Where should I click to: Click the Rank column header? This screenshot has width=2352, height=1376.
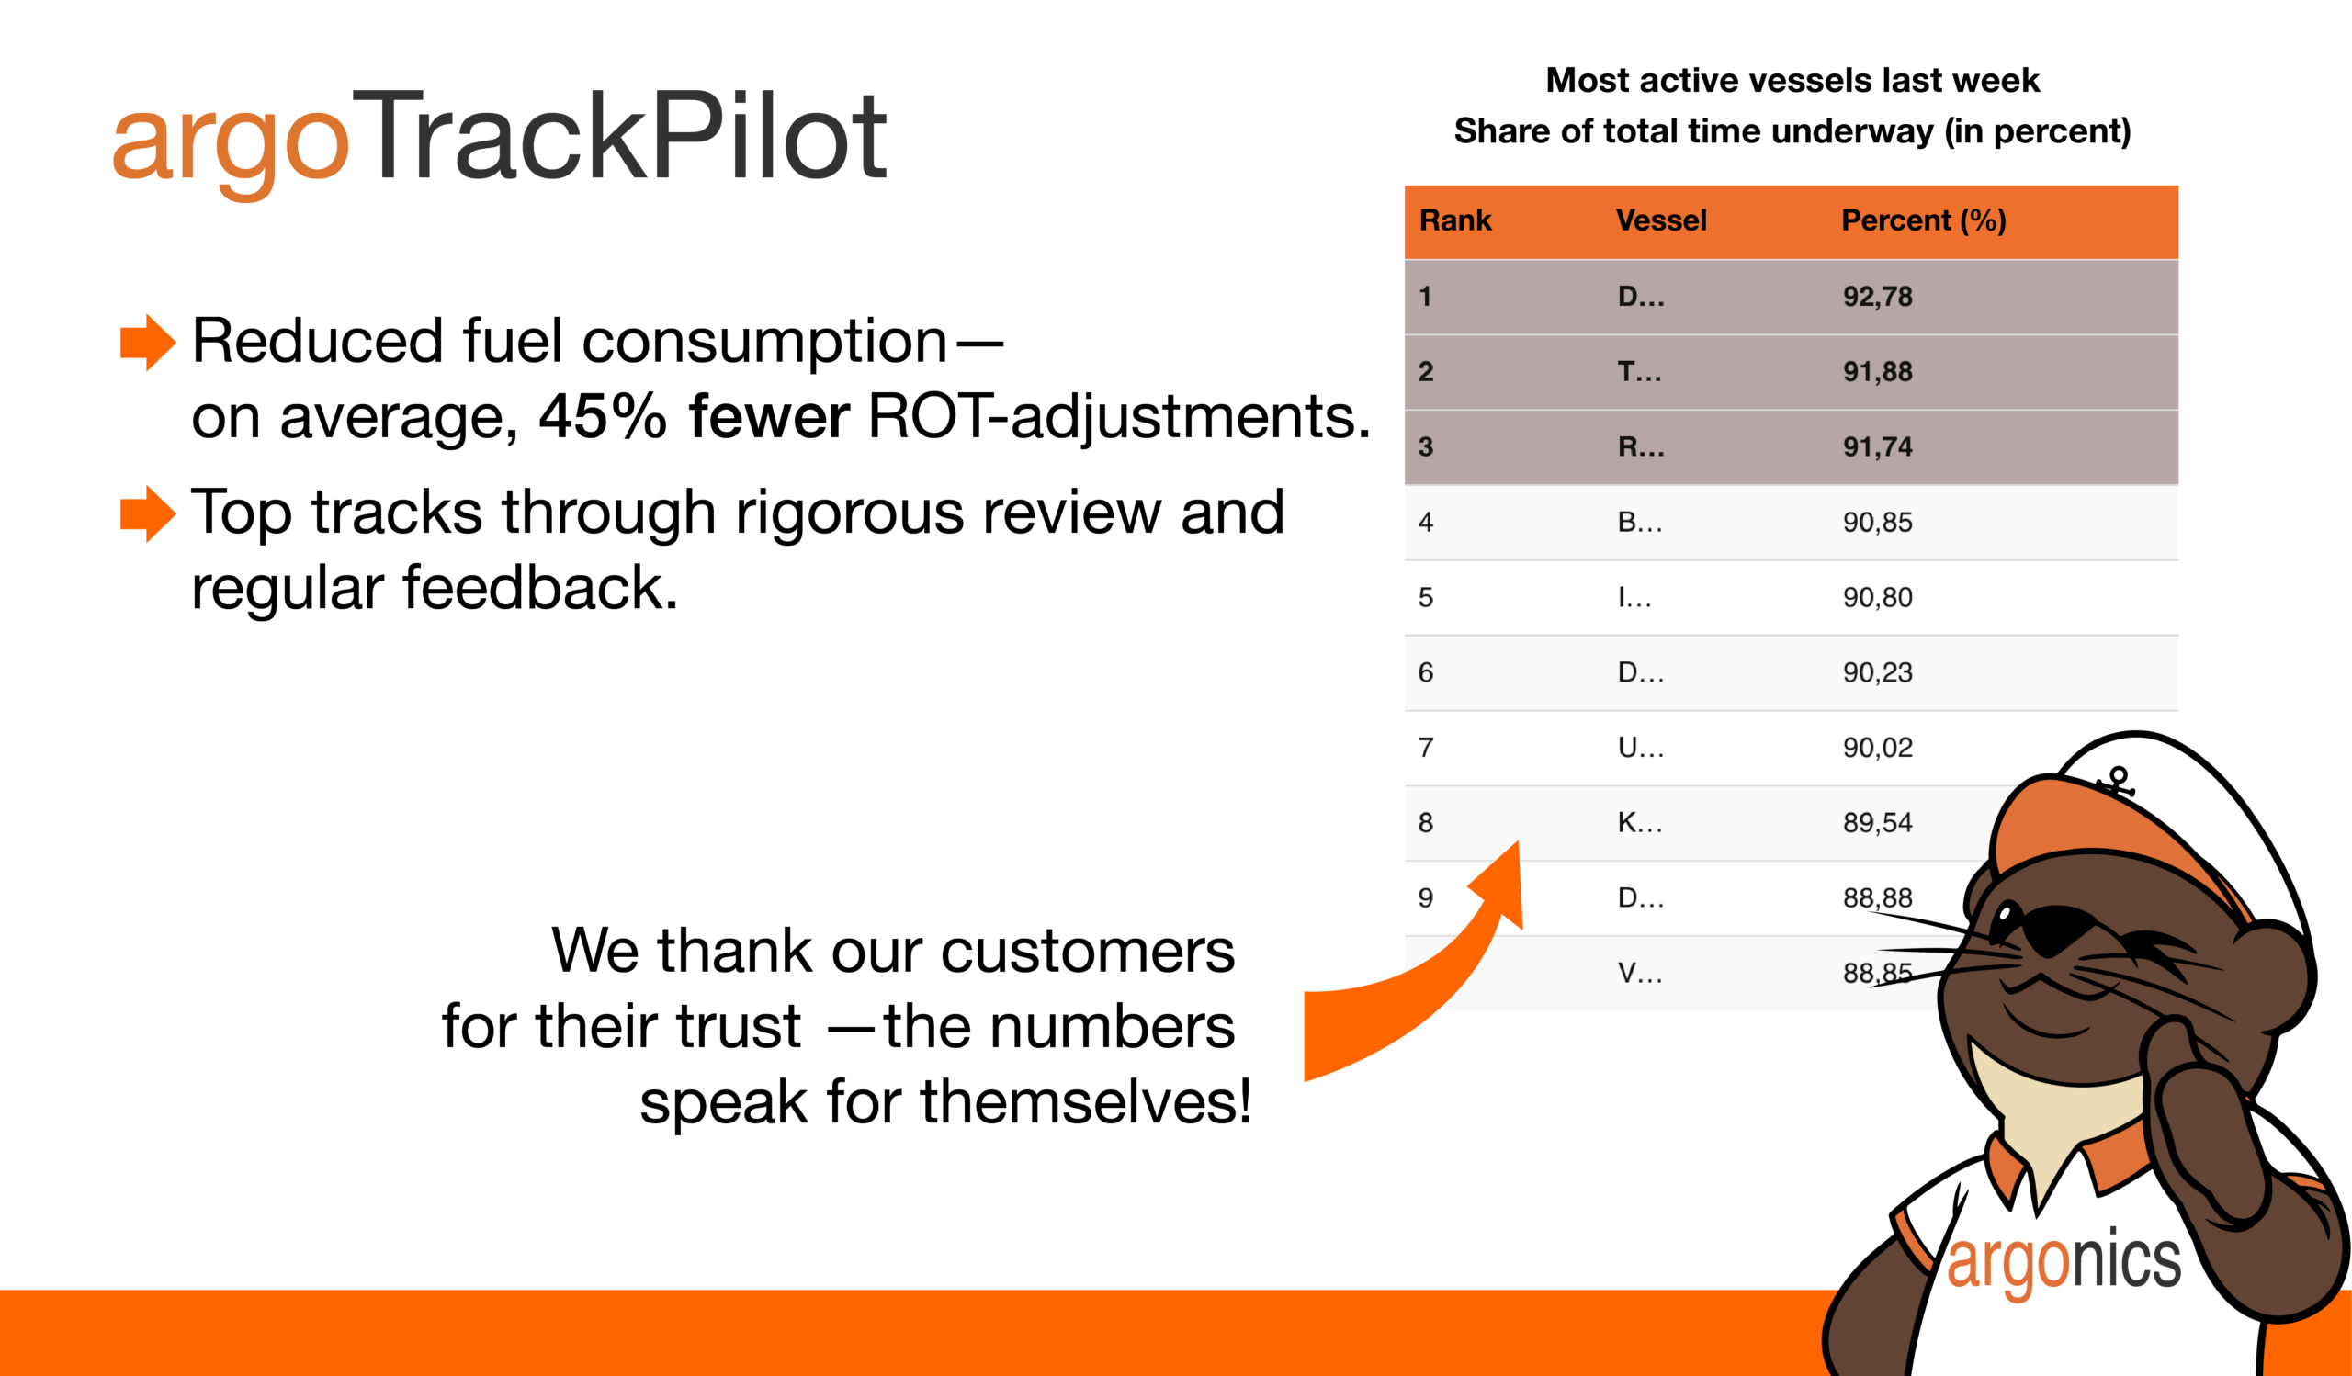(x=1455, y=221)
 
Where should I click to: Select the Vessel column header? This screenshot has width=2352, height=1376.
(x=1661, y=221)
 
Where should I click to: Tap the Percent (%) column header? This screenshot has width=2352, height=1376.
(x=1924, y=221)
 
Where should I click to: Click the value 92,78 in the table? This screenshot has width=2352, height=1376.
(x=1878, y=297)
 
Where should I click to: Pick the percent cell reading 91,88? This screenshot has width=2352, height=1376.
(x=1878, y=372)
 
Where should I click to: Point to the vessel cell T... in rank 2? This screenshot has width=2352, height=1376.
(x=1640, y=372)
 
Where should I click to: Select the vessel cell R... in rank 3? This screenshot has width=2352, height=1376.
(x=1641, y=447)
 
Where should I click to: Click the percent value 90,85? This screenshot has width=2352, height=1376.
(x=1878, y=523)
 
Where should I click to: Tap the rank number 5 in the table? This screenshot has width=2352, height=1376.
(x=1426, y=598)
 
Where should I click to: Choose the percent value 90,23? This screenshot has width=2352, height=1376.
(x=1878, y=672)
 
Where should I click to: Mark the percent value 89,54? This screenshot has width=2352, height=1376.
(x=1878, y=823)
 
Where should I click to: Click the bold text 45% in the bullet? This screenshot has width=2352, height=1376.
(x=603, y=416)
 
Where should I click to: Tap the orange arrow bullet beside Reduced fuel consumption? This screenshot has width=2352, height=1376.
(x=149, y=343)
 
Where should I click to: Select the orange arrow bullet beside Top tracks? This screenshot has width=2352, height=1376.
(x=149, y=513)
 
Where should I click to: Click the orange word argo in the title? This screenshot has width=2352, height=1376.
(x=231, y=147)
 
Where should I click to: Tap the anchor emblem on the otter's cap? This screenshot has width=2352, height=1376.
(x=2117, y=782)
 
